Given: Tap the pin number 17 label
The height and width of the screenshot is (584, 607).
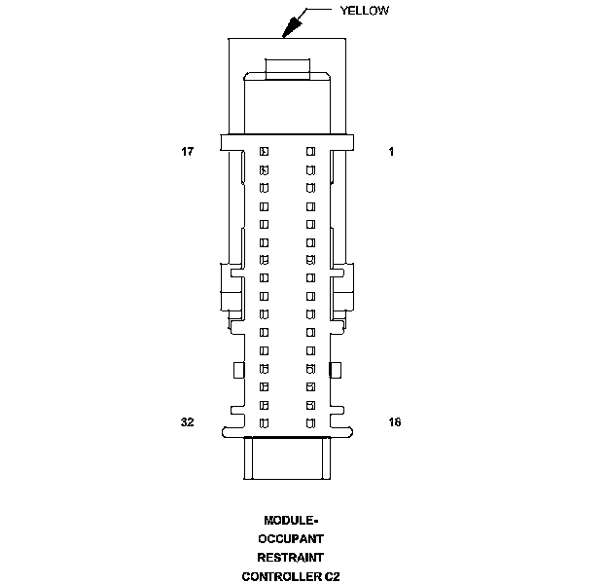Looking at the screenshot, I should tap(188, 152).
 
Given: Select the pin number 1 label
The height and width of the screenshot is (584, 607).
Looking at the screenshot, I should tap(391, 152).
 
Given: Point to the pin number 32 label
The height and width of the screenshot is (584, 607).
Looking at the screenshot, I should tap(188, 422).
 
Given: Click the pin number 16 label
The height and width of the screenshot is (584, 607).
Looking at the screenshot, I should tap(393, 422).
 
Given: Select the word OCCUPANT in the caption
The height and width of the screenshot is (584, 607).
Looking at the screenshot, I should tap(290, 538).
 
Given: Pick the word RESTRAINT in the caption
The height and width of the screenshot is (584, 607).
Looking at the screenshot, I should tap(290, 557).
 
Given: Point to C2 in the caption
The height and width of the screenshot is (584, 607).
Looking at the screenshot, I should tap(333, 575).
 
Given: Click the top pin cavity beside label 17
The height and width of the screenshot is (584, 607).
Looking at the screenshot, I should tap(264, 152).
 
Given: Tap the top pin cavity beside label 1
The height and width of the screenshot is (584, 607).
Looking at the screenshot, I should tap(311, 152).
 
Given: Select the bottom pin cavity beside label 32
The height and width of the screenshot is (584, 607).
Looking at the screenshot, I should tap(264, 422).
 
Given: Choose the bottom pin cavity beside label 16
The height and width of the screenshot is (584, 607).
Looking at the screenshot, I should tap(311, 422).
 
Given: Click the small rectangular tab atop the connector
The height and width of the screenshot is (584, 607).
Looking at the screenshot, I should tap(287, 68).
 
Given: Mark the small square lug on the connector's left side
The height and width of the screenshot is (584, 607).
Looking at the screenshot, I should tap(236, 369).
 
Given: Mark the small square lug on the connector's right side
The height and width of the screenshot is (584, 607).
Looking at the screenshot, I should tap(337, 369).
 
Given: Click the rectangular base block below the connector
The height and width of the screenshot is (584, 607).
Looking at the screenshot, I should tap(287, 458).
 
